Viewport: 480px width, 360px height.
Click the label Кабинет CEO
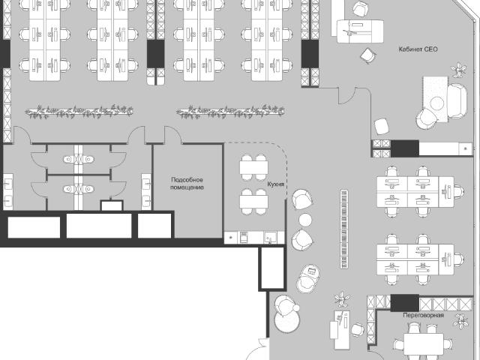(418, 49)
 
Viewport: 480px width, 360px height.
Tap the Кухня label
(275, 184)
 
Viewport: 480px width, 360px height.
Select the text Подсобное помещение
(187, 183)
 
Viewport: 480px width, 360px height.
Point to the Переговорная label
(423, 315)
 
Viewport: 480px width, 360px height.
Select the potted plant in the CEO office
(458, 70)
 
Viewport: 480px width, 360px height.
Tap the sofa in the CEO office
(457, 101)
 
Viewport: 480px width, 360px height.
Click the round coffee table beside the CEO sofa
(436, 103)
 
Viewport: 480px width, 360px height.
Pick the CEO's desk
(360, 31)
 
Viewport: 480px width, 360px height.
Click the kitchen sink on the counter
(271, 238)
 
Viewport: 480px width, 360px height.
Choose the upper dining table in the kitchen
(253, 168)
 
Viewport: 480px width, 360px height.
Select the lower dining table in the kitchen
(253, 202)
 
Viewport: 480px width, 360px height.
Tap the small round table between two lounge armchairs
(305, 220)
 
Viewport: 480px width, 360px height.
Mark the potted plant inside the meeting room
(460, 321)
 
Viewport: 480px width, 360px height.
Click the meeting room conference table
(423, 345)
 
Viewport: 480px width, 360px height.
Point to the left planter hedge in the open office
(79, 112)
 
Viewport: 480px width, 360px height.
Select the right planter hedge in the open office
(230, 112)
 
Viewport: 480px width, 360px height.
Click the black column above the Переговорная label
(405, 303)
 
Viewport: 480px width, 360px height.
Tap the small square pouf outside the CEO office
(382, 126)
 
